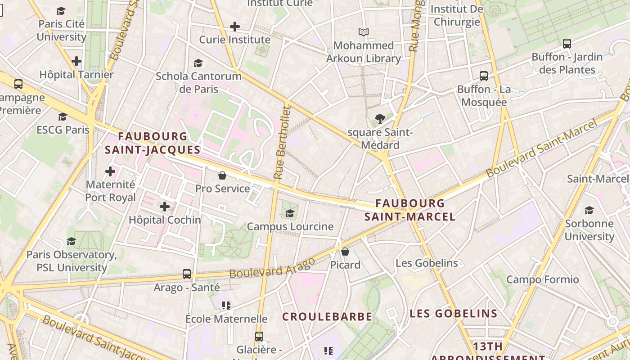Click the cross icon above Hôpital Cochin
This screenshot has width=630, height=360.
(x=165, y=207)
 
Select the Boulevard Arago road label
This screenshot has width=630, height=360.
(x=272, y=269)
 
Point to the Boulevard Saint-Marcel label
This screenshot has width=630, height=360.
(x=542, y=148)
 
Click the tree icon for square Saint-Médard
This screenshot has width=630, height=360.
(x=380, y=119)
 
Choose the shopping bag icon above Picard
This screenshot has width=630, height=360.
(x=345, y=252)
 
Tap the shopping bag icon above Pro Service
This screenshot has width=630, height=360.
(x=222, y=175)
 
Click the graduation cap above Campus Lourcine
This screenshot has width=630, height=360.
(x=290, y=213)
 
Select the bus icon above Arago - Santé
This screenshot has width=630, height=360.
(x=187, y=274)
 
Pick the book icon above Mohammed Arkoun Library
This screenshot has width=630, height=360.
(x=364, y=32)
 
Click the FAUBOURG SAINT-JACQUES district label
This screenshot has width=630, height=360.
(x=153, y=143)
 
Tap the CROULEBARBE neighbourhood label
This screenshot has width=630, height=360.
(x=327, y=317)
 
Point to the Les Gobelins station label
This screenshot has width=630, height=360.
(x=427, y=263)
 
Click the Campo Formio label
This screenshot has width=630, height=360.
(x=543, y=279)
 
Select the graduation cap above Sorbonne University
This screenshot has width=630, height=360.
(x=589, y=210)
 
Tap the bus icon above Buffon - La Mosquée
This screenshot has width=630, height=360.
(x=484, y=76)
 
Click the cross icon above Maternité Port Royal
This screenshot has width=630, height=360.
(x=110, y=171)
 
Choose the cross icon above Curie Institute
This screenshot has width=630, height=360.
(x=234, y=27)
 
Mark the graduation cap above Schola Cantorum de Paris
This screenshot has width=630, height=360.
(x=198, y=63)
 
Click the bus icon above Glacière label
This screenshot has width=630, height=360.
(x=259, y=336)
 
